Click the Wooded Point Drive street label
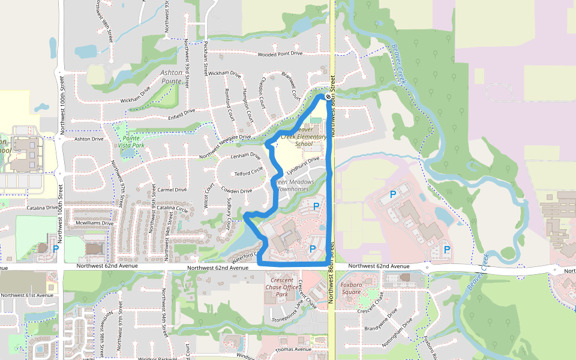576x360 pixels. click(280, 54)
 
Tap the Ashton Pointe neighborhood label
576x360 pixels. click(171, 76)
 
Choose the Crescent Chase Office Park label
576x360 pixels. click(281, 287)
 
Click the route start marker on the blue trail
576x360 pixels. click(328, 96)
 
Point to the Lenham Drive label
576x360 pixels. click(246, 156)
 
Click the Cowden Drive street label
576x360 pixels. click(237, 191)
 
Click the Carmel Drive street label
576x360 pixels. click(172, 189)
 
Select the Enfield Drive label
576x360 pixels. click(182, 111)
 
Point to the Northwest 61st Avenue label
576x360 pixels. click(27, 295)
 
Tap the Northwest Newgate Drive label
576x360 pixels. click(225, 137)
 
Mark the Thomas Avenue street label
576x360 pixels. click(293, 349)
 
